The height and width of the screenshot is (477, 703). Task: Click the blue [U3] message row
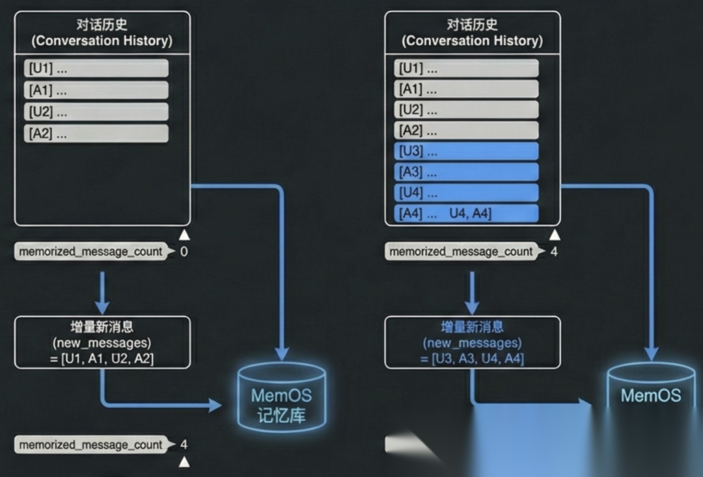pos(466,151)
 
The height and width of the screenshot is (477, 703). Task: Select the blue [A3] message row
pos(466,172)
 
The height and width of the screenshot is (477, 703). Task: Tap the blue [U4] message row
pos(466,193)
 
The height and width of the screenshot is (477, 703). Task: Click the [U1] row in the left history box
pos(96,68)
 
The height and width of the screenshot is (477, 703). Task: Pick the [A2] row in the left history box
pos(96,134)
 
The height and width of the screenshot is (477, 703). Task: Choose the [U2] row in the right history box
pos(466,109)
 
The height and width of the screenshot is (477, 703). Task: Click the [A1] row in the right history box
pos(466,89)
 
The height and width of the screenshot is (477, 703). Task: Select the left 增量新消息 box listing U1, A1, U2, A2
pos(102,342)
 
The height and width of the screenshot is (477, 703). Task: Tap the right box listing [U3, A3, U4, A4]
pos(472,342)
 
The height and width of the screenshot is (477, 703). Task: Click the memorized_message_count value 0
pos(184,252)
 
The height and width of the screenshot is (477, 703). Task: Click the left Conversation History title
pos(102,33)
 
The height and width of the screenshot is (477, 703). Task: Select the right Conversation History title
pos(472,33)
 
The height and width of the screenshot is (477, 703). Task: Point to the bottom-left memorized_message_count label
pos(90,445)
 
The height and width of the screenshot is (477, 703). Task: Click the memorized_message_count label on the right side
pos(461,252)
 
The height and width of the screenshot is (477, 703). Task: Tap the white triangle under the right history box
pos(554,235)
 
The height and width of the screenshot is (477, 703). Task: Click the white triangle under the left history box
pos(184,235)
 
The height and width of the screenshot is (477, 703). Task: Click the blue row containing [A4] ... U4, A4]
pos(466,214)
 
